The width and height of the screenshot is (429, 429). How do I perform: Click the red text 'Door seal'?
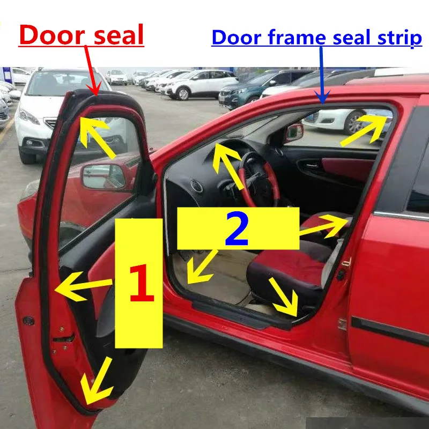point(82,35)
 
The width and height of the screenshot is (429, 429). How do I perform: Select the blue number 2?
point(237,229)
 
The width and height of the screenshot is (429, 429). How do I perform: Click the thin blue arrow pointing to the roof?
point(322,75)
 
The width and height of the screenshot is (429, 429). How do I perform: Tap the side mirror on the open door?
point(103,176)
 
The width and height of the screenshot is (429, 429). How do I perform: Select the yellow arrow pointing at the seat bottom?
point(283,296)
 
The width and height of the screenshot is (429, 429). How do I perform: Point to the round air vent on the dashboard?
point(197,187)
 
